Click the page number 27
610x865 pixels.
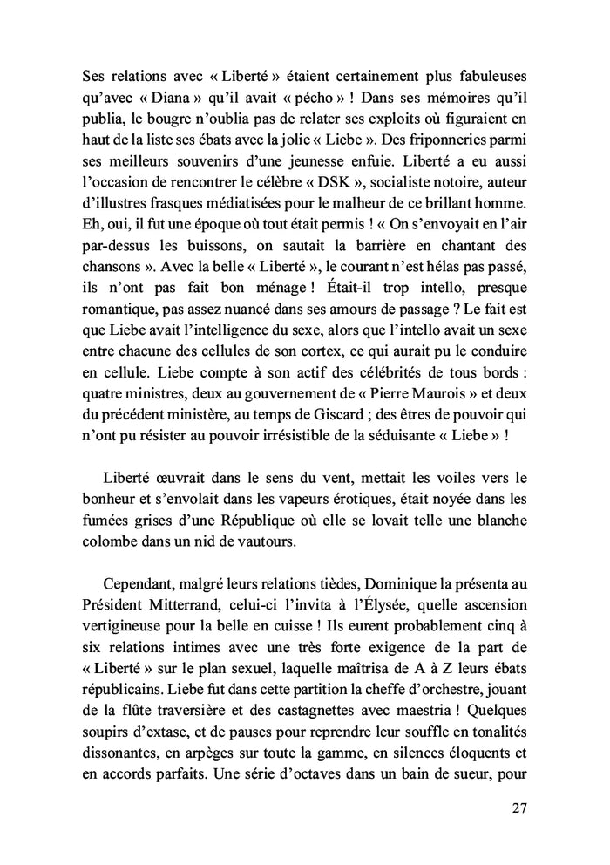[520, 807]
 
